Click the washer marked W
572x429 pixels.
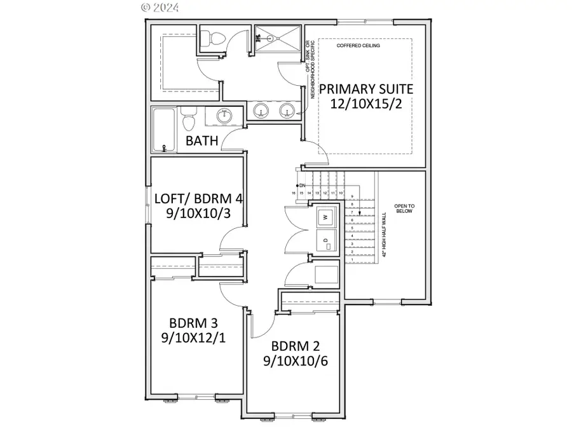pyautogui.click(x=326, y=217)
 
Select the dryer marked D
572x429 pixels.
pyautogui.click(x=326, y=241)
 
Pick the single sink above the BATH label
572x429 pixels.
pyautogui.click(x=224, y=116)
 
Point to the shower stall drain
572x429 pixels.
pyautogui.click(x=276, y=39)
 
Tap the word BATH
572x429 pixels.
pyautogui.click(x=202, y=140)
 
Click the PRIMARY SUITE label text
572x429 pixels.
pyautogui.click(x=366, y=89)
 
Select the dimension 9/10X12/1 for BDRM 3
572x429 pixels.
pyautogui.click(x=193, y=337)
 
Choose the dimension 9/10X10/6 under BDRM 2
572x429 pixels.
pyautogui.click(x=294, y=362)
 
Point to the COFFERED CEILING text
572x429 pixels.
pyautogui.click(x=363, y=46)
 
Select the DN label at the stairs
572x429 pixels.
pyautogui.click(x=303, y=185)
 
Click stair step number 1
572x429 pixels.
pyautogui.click(x=351, y=260)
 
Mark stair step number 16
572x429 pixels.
pyautogui.click(x=294, y=193)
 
